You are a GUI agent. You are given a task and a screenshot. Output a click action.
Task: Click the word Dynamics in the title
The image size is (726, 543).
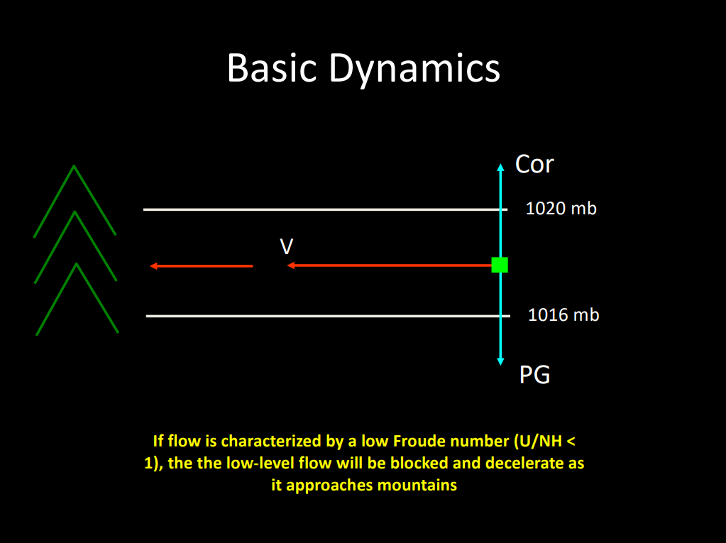(x=414, y=69)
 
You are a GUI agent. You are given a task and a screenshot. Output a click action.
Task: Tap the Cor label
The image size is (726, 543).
(x=534, y=165)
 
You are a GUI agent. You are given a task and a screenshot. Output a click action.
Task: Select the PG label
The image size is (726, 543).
(x=534, y=374)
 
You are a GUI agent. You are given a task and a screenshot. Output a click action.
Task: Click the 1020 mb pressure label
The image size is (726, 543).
(x=561, y=209)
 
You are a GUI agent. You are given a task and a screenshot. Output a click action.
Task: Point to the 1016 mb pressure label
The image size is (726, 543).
(x=563, y=314)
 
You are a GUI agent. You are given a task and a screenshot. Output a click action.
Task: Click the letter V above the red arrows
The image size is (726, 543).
(x=287, y=246)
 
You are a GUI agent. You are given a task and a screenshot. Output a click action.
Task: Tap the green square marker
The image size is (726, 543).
(x=500, y=265)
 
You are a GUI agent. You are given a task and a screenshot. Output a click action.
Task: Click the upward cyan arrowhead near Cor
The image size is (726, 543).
(x=500, y=168)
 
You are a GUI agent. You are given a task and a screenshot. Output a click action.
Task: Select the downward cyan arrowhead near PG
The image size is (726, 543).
(x=500, y=361)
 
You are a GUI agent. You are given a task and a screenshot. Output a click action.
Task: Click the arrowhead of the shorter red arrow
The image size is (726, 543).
(x=153, y=266)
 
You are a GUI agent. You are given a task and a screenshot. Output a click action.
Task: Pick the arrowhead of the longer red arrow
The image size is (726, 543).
(x=291, y=265)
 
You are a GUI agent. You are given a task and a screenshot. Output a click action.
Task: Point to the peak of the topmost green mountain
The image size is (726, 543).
(x=74, y=168)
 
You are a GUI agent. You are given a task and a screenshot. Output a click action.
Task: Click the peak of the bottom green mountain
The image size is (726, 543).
(x=76, y=265)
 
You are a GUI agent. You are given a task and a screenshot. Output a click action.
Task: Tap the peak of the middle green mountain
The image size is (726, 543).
(x=75, y=213)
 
